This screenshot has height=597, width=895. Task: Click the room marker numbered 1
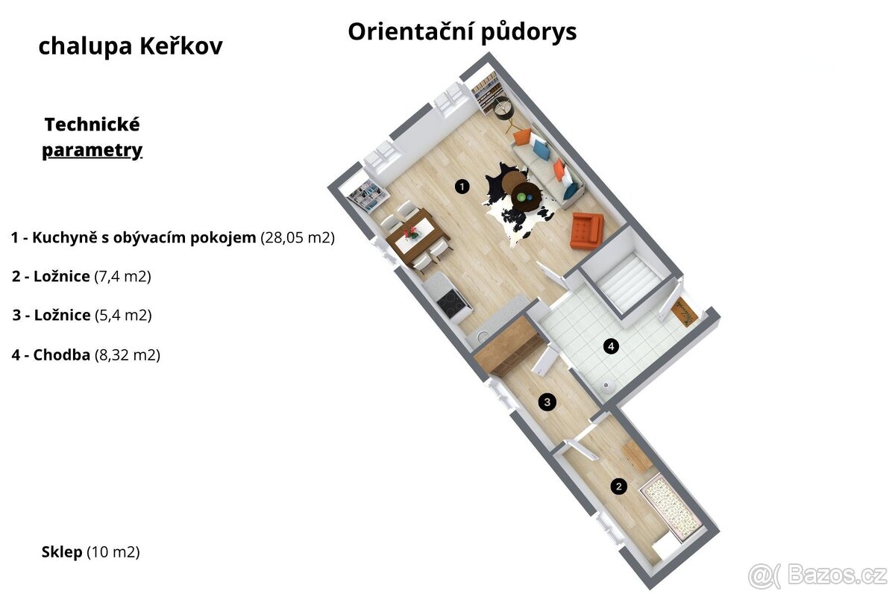click(x=462, y=187)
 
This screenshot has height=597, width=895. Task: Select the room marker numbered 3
click(x=547, y=402)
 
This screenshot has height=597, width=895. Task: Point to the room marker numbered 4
click(x=612, y=346)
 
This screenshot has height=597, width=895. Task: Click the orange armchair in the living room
click(x=586, y=230)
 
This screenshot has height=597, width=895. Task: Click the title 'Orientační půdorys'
click(x=462, y=32)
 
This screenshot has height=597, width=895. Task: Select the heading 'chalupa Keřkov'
click(x=131, y=46)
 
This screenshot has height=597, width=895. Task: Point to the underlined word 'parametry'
click(x=92, y=150)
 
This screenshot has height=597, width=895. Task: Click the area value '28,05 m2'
click(x=298, y=238)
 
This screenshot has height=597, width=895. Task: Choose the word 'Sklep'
click(x=62, y=552)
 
